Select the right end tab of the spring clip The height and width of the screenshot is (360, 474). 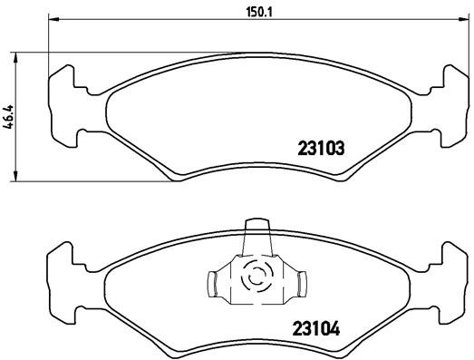[298, 285]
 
